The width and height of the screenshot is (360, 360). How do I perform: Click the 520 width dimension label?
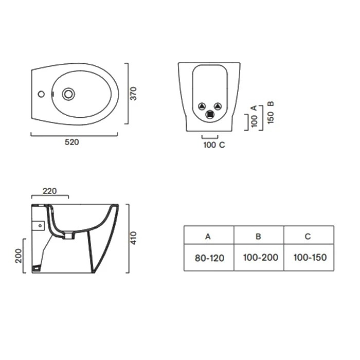tap(72, 142)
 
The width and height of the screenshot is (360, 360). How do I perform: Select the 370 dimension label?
tap(133, 94)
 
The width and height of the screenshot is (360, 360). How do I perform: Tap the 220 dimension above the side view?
tap(49, 191)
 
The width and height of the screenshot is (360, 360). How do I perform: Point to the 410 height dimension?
tap(133, 238)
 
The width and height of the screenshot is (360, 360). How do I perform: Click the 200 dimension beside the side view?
tap(18, 256)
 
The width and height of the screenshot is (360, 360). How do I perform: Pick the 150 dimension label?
tap(271, 118)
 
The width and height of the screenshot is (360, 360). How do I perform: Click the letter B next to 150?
tap(271, 103)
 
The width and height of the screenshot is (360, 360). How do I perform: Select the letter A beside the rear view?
tap(254, 108)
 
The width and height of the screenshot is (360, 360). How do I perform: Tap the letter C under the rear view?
tap(222, 145)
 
